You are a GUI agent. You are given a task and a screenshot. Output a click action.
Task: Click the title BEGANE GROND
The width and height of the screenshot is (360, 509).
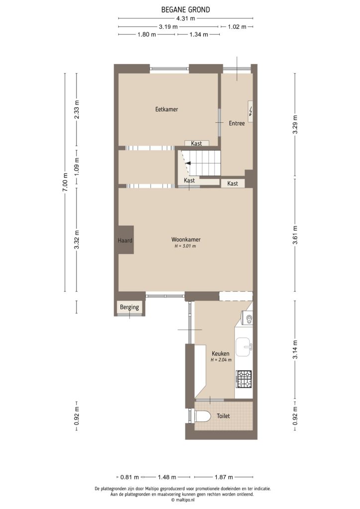[x=185, y=9]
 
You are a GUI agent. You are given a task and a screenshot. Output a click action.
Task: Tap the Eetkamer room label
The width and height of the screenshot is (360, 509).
[x=167, y=109]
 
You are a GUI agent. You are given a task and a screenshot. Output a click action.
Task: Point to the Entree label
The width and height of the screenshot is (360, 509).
[x=237, y=123]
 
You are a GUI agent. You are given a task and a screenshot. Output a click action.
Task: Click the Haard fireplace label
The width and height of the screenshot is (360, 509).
[x=125, y=241]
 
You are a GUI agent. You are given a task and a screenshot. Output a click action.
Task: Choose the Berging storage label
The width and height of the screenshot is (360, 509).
[x=129, y=308]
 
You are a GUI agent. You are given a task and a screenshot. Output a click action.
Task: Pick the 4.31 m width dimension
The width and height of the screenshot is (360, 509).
[x=185, y=19]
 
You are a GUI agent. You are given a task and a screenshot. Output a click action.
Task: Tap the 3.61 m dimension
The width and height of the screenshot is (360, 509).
[x=295, y=239]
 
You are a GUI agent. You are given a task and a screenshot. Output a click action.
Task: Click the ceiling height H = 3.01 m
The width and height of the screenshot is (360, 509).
[x=185, y=246]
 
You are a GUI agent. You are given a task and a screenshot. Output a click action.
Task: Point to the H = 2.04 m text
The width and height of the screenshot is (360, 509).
[x=221, y=359]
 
